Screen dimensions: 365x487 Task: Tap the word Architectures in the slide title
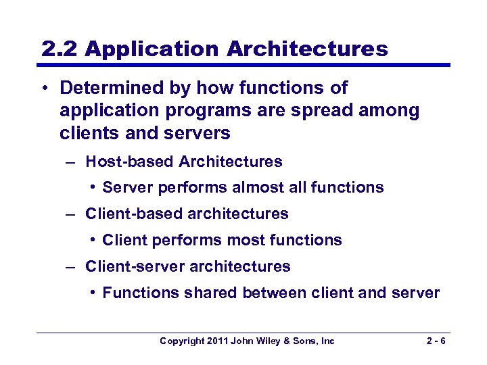308,49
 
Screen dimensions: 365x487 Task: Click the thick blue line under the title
243,66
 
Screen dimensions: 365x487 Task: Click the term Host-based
130,162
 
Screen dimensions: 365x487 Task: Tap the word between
271,293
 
